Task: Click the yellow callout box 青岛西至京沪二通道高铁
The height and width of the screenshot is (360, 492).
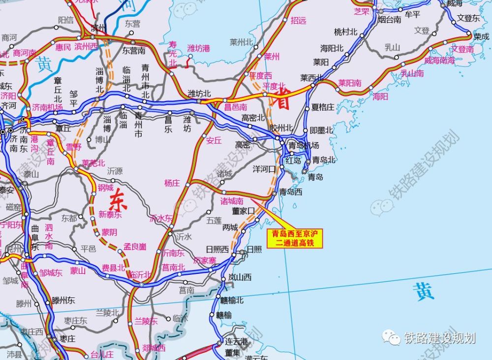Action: [293, 238]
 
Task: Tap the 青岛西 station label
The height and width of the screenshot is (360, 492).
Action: [291, 192]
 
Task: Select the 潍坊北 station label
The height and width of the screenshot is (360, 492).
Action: [199, 94]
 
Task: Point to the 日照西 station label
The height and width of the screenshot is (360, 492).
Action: [217, 249]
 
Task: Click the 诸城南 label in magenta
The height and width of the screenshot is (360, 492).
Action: [232, 201]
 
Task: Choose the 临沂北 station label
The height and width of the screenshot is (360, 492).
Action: [140, 275]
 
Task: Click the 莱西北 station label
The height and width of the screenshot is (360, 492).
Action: [311, 78]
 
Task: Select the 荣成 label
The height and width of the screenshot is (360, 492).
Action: [481, 36]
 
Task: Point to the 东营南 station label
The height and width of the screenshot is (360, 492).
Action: [134, 50]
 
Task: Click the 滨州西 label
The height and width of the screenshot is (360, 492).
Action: [86, 47]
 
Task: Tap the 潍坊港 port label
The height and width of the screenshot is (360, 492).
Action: [198, 48]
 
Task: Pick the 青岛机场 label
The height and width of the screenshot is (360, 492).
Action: [304, 145]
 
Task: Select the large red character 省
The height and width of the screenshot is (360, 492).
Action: [283, 100]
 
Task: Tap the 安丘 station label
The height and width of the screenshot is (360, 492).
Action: [214, 140]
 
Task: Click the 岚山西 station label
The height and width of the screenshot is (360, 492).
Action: [240, 277]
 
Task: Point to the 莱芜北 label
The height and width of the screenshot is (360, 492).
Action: [93, 163]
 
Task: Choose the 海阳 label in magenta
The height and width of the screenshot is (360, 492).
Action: [380, 97]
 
